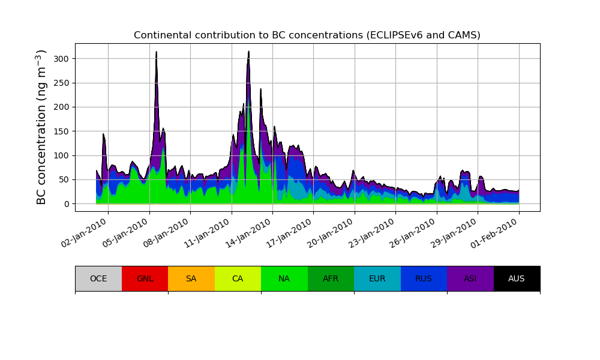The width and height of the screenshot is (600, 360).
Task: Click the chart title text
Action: pos(307,35)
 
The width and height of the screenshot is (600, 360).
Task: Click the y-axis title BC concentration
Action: pos(41,127)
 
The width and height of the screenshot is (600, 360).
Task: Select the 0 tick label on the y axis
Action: pos(66,204)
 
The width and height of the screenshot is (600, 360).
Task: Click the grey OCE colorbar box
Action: pos(98,278)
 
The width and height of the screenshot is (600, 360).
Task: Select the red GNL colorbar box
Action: pos(145,278)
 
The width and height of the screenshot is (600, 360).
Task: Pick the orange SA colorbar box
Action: pos(191,278)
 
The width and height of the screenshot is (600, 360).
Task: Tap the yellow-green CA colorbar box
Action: pos(238,278)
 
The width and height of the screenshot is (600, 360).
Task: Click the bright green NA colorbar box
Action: pos(284,278)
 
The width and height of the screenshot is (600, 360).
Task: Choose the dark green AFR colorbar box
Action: pos(331,278)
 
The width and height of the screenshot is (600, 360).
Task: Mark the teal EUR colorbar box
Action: pos(377,278)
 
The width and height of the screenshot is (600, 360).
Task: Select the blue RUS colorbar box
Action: pos(424,278)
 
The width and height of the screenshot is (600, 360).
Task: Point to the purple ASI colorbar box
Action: pos(470,278)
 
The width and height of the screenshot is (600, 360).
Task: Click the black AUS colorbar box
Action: pos(517,278)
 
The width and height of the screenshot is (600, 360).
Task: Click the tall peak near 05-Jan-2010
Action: pos(157,54)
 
